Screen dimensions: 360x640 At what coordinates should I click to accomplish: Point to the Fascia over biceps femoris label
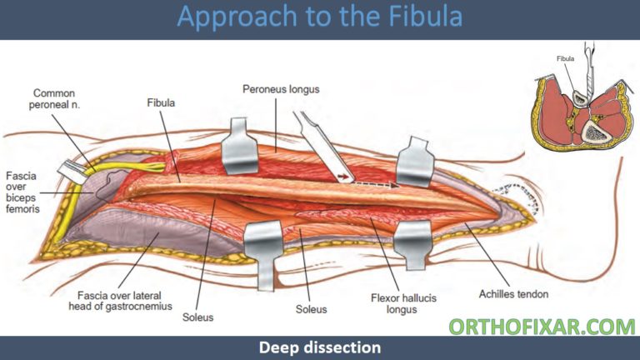(21, 194)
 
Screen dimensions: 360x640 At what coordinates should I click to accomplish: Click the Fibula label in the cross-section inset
(567, 58)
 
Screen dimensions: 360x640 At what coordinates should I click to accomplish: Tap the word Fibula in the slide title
(422, 18)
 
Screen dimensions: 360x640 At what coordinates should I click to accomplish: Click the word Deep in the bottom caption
(282, 347)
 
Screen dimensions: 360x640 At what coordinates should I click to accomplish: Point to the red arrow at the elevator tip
(342, 177)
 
